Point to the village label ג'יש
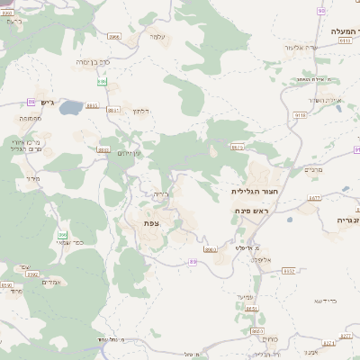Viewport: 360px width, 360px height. [46, 102]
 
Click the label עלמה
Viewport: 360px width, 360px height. [157, 36]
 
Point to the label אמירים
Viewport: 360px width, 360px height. [50, 282]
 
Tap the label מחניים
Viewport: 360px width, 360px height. [312, 168]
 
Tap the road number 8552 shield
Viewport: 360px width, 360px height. [289, 269]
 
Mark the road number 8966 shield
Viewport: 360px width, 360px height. [113, 36]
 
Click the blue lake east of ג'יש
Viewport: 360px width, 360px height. [72, 104]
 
